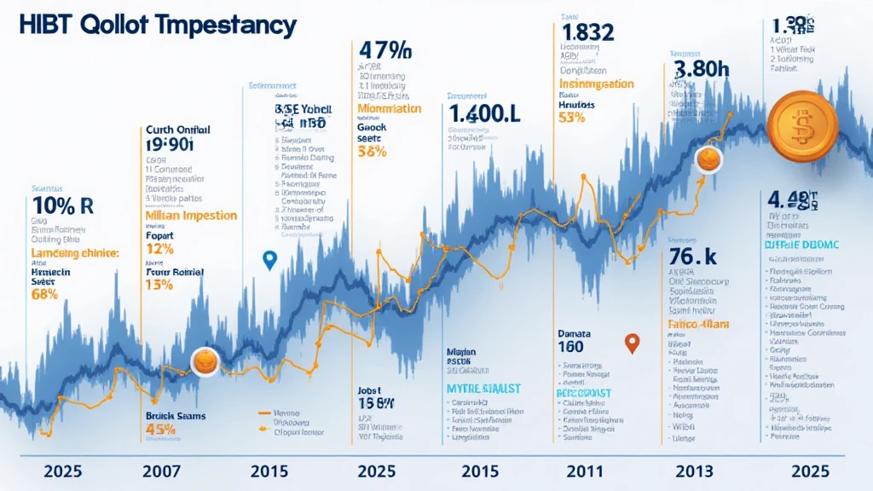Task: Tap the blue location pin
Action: [270, 261]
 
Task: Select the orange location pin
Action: [632, 344]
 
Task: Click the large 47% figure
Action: [385, 49]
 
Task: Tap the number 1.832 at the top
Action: [588, 31]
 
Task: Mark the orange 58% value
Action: [373, 152]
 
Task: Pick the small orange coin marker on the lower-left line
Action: [205, 361]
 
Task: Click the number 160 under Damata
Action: [571, 346]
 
